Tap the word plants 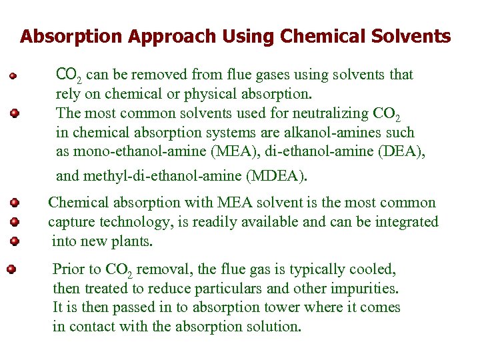pos(136,241)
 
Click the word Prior pos(69,270)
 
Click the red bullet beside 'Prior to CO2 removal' pos(11,270)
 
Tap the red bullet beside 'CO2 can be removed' pos(11,75)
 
